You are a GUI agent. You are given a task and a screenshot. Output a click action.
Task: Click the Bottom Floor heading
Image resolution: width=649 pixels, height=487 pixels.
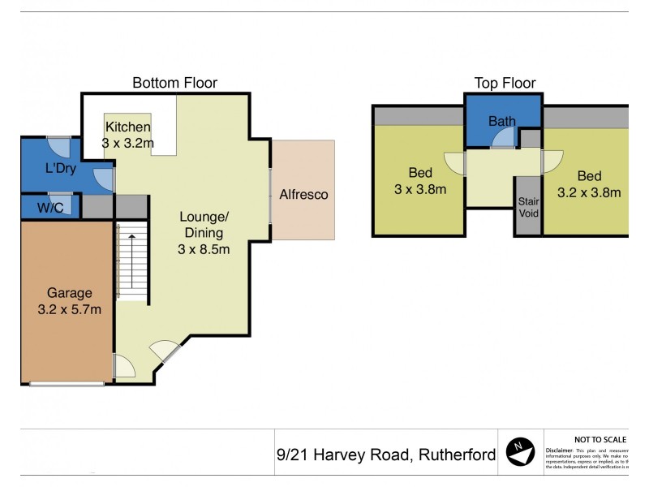coord(174,83)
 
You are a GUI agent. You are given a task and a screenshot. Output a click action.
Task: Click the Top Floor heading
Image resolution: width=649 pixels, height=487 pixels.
coord(505,83)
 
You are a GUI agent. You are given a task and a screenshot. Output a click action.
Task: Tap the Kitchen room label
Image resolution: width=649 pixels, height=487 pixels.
coord(127,127)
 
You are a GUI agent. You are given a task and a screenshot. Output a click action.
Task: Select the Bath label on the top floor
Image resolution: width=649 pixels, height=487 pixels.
coord(501,122)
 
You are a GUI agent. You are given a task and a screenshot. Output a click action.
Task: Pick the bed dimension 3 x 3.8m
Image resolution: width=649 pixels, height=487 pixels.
coord(419,189)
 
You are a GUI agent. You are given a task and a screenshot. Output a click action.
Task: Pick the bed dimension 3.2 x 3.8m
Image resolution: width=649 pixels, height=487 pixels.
coord(589,192)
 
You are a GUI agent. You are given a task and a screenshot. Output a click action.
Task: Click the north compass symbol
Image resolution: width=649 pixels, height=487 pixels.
coord(520,452)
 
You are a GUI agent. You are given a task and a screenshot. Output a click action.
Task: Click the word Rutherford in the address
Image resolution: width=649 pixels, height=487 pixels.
coord(455,455)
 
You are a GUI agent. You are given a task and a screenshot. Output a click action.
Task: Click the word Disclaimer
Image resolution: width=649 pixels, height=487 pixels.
coord(560,449)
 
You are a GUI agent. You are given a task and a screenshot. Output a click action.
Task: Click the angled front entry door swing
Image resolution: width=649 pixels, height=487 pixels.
coord(165,351)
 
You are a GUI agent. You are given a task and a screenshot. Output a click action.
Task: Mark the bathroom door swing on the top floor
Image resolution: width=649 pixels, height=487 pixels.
coord(503,140)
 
